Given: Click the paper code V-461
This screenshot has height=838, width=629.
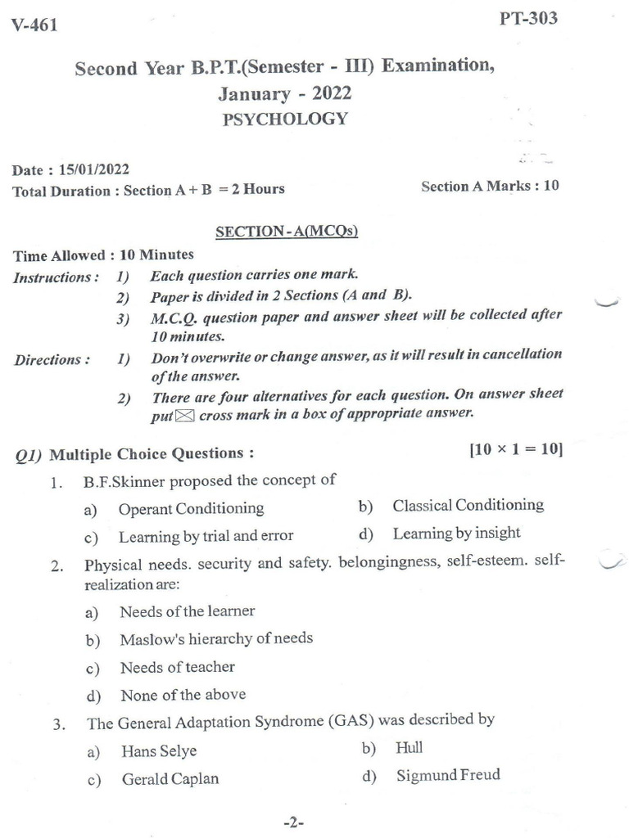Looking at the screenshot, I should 34,25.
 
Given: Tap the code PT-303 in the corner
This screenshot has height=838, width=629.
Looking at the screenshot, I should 528,18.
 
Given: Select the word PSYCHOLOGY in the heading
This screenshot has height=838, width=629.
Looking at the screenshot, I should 285,119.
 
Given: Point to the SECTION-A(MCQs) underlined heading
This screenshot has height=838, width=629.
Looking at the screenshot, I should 286,232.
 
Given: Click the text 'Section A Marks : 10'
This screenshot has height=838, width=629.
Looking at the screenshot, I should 490,186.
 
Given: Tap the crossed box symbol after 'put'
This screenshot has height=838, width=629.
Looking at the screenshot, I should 186,415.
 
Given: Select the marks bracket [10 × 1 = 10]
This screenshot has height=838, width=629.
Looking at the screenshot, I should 515,449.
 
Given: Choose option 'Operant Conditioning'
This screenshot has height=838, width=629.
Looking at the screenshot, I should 191,508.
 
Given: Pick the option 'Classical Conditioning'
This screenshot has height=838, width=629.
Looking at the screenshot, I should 468,505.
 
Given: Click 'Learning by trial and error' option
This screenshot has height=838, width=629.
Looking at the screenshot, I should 206,537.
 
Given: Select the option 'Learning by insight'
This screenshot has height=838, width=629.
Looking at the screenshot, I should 456,534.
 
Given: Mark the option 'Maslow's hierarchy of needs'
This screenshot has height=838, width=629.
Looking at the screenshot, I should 216,638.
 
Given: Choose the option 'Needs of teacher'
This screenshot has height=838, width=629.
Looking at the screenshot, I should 177,667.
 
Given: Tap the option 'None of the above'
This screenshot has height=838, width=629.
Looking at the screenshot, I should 183,695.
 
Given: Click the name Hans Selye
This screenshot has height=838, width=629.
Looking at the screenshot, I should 159,750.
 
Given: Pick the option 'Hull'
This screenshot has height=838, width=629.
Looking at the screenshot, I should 409,747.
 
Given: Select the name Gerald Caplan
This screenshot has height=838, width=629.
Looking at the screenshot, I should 170,779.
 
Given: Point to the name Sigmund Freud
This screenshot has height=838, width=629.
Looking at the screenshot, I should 447,775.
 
